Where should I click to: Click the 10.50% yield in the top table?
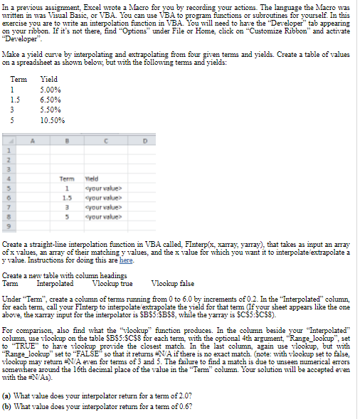point(53,120)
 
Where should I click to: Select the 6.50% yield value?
point(51,100)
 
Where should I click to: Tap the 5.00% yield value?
point(51,90)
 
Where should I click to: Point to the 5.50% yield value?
point(51,110)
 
